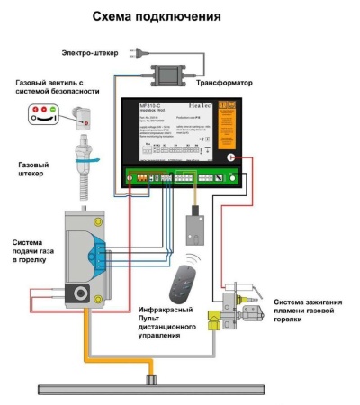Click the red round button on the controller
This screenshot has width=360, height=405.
point(232,157)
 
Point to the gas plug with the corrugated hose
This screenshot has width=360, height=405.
point(87,157)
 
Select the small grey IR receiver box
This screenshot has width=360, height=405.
point(192,229)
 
